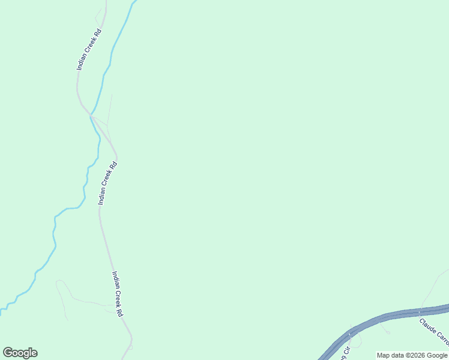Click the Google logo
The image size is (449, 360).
pyautogui.click(x=20, y=353)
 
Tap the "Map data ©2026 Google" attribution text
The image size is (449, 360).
pyautogui.click(x=412, y=355)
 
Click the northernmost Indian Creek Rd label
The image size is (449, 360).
pyautogui.click(x=90, y=50)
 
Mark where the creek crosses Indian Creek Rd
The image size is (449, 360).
pyautogui.click(x=91, y=114)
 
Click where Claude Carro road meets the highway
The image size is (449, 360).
pyautogui.click(x=420, y=312)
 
